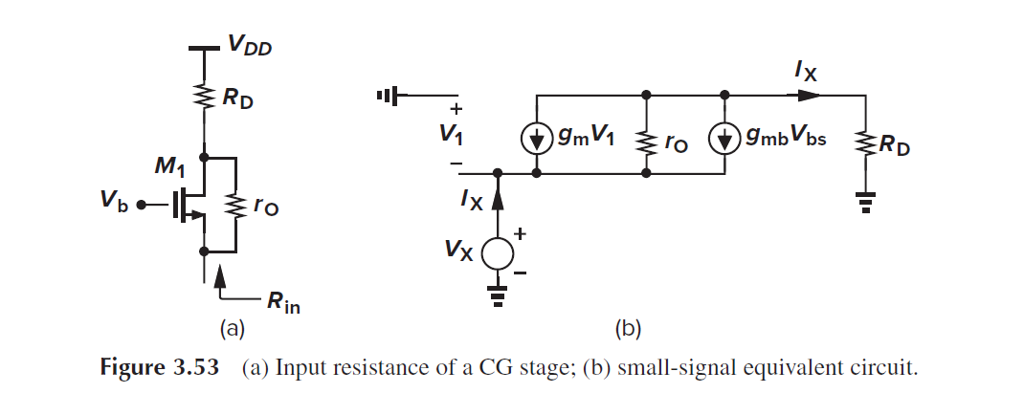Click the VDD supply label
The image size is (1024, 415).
point(248,45)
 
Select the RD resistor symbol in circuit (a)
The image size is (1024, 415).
point(204,97)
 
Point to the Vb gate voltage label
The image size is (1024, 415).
point(115,204)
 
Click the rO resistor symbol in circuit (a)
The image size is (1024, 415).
point(234,204)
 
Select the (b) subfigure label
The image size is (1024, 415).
point(627,330)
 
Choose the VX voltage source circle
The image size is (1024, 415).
point(498,253)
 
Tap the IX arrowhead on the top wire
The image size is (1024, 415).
point(809,96)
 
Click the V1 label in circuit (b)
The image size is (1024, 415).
point(451,135)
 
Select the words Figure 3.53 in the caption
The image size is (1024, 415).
point(158,369)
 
